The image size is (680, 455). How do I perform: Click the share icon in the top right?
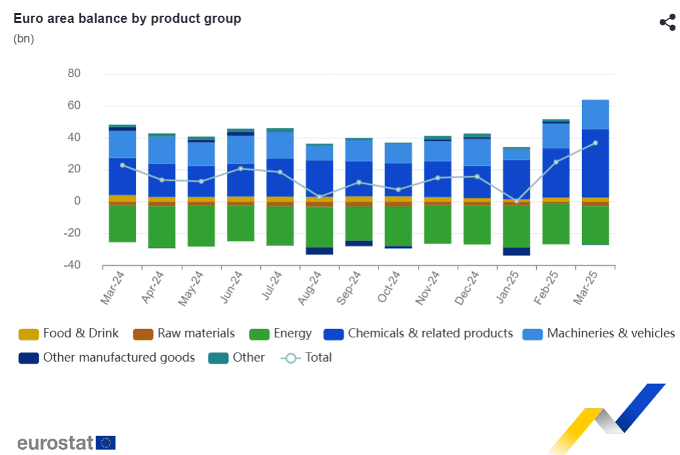click(667, 22)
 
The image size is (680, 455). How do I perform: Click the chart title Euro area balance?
click(127, 18)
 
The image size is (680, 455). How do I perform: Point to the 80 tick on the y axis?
click(74, 74)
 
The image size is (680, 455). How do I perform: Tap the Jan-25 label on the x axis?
click(509, 288)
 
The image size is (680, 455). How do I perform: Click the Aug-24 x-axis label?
click(311, 288)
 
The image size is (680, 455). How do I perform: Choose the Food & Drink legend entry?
click(69, 334)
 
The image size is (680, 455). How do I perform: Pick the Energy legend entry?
click(281, 334)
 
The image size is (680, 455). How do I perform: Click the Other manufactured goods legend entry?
click(108, 357)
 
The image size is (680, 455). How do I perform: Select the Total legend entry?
click(307, 357)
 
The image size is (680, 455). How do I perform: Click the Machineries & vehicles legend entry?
click(599, 334)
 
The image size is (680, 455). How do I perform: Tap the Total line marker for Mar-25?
click(595, 143)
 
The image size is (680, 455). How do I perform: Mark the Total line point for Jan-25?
click(516, 201)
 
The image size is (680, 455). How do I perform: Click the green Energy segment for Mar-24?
click(122, 224)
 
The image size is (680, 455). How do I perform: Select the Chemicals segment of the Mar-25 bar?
click(595, 163)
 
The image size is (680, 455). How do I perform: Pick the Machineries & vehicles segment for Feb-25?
click(556, 136)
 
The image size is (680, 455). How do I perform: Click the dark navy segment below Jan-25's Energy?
click(516, 251)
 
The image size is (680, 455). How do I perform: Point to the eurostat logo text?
click(56, 443)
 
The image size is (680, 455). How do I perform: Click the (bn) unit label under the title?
click(24, 39)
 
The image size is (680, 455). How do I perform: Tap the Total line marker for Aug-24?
click(319, 197)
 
